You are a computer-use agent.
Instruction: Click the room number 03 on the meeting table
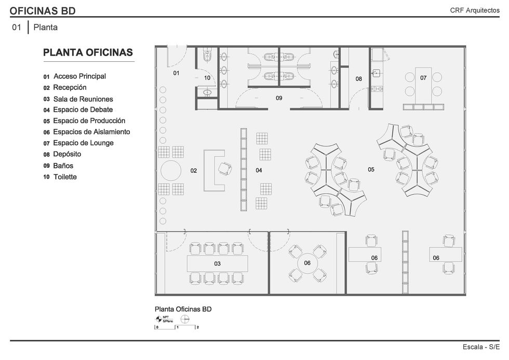tap(217, 263)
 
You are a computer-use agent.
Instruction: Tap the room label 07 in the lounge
tap(423, 78)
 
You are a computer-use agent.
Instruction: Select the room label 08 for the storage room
tap(359, 79)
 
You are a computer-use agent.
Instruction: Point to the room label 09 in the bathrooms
tap(279, 98)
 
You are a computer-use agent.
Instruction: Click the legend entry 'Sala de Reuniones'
tap(83, 99)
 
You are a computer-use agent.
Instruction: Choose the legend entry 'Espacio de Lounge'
tap(84, 143)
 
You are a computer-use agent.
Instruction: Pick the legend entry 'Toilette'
tap(65, 177)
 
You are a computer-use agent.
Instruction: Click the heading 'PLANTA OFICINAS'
tap(88, 52)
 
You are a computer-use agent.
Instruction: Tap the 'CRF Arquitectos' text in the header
tap(475, 10)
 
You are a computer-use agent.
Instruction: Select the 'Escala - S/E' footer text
tap(481, 347)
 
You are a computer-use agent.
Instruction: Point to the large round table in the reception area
tap(171, 171)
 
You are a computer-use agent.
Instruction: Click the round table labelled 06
tap(307, 263)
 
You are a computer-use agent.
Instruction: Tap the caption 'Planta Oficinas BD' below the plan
tap(183, 309)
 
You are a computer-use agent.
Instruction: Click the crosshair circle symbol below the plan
tap(185, 319)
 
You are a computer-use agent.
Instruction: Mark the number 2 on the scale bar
tap(198, 327)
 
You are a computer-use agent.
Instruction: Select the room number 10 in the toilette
tap(207, 78)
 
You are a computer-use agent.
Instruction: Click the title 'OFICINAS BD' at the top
tap(43, 11)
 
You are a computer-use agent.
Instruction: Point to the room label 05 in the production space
tap(371, 169)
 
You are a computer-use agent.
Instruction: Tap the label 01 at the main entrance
tap(176, 73)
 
